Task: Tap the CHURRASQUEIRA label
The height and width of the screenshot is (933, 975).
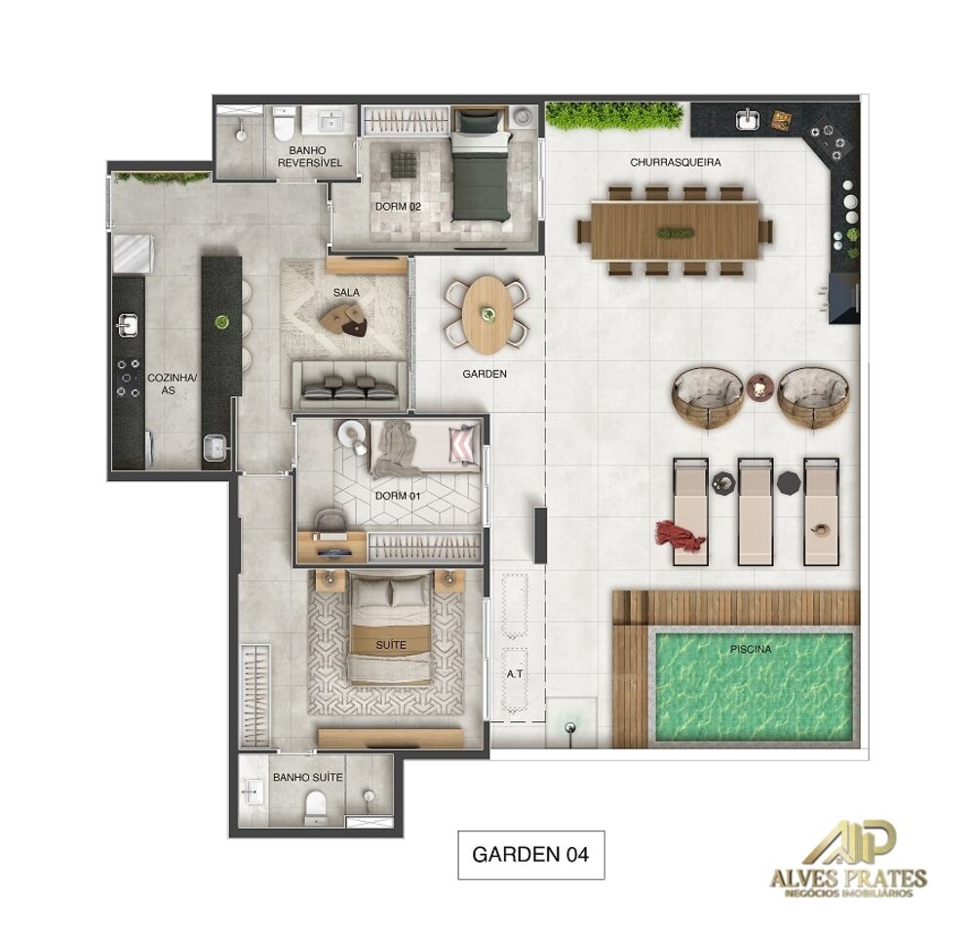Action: (x=676, y=163)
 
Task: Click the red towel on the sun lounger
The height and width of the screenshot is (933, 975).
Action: (x=679, y=536)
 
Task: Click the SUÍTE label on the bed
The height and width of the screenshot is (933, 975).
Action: (x=390, y=645)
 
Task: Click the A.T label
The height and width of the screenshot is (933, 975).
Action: (x=514, y=673)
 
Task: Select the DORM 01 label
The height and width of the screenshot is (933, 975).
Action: (x=397, y=496)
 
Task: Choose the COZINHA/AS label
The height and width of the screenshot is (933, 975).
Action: (x=165, y=383)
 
